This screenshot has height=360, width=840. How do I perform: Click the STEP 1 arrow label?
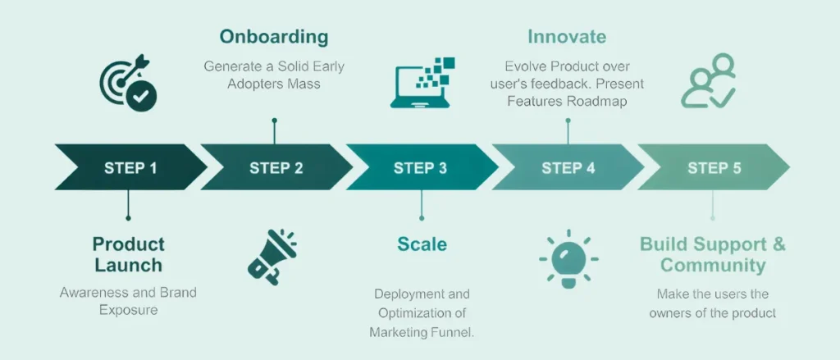[130, 168]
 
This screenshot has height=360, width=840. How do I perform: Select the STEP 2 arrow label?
[276, 168]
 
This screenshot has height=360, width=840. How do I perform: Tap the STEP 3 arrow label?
[420, 168]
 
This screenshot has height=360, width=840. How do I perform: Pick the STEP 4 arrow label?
[568, 168]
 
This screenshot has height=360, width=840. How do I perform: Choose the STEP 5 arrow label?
[714, 168]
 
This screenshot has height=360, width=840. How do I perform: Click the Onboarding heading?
[274, 37]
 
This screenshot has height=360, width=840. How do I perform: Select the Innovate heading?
[567, 37]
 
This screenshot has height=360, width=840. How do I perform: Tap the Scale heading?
[422, 244]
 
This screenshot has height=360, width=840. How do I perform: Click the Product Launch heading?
[128, 254]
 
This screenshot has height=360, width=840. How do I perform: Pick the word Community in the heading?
[713, 266]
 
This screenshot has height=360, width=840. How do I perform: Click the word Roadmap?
[596, 101]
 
